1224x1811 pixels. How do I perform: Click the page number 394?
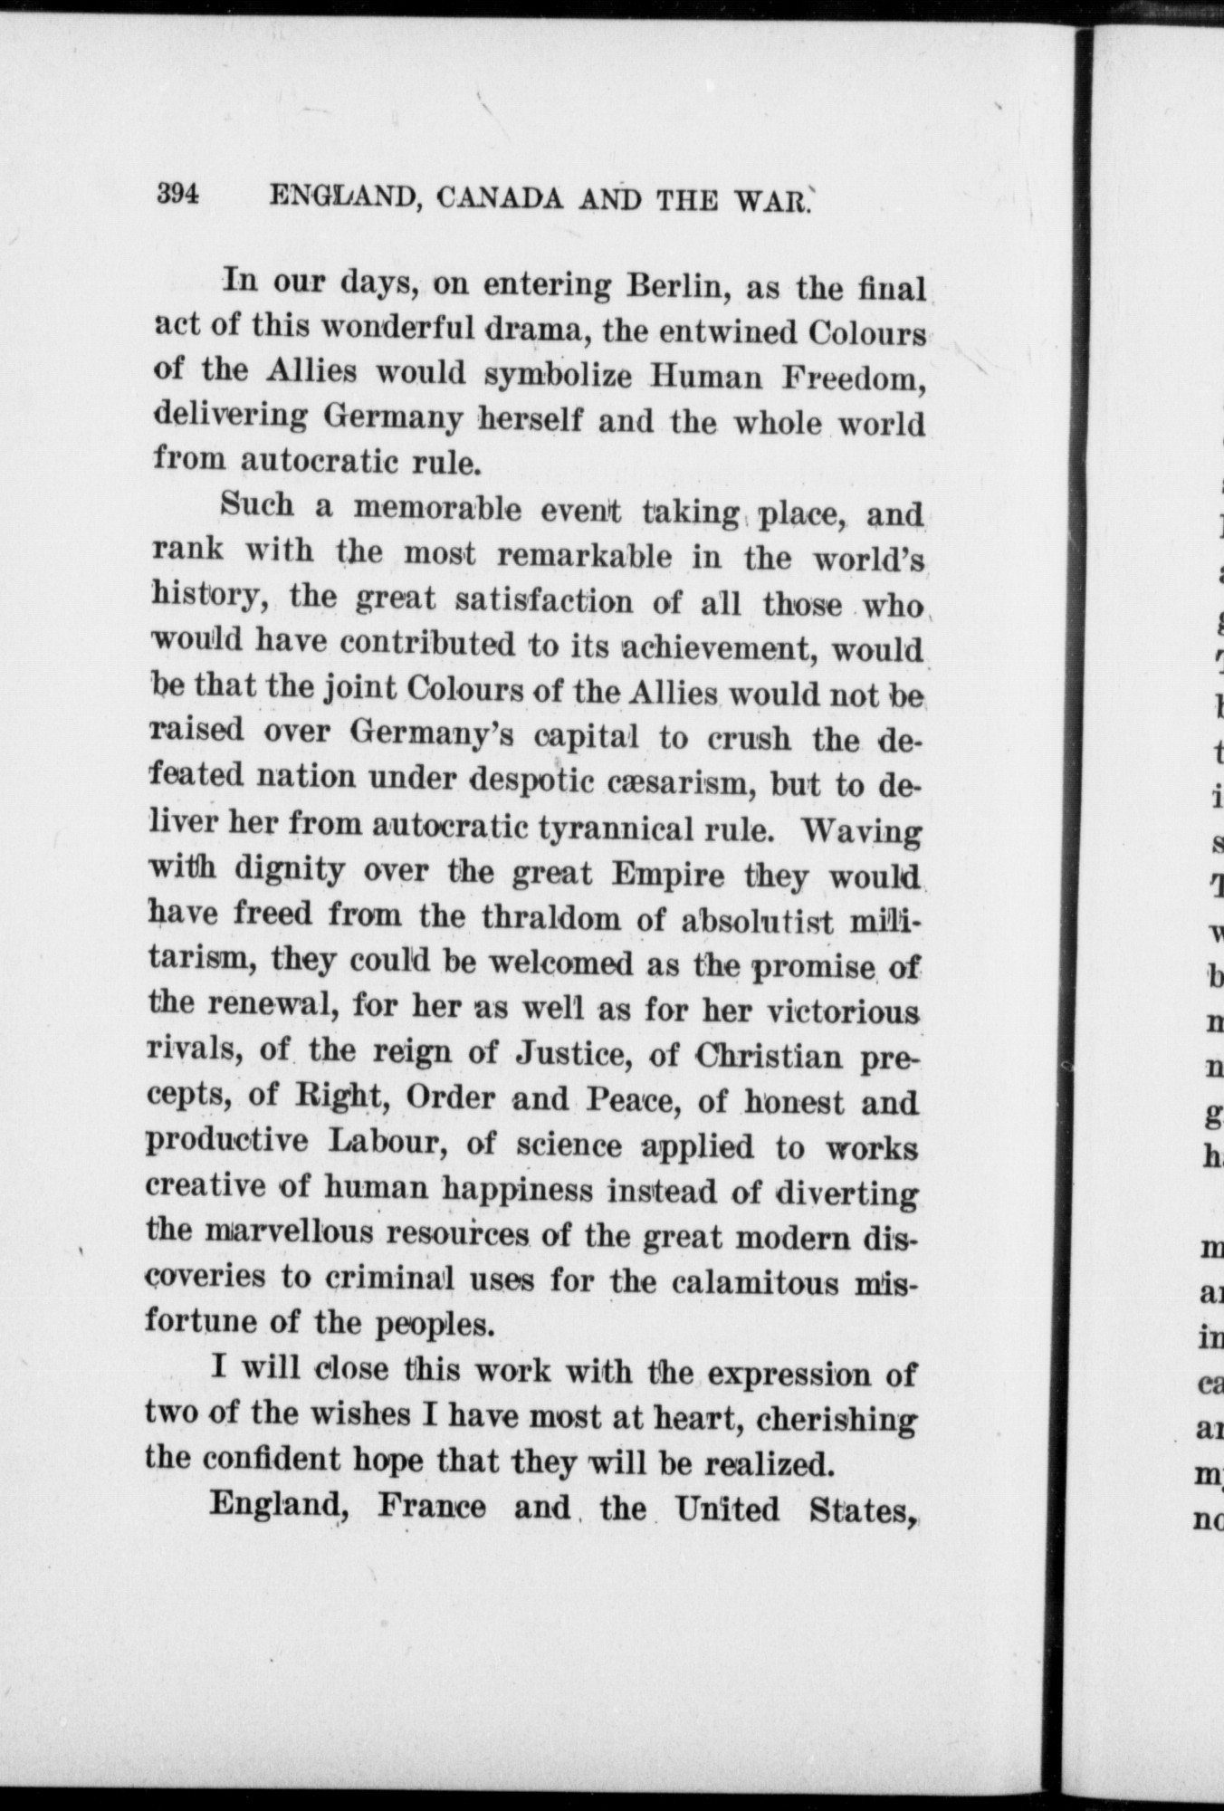pos(177,196)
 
